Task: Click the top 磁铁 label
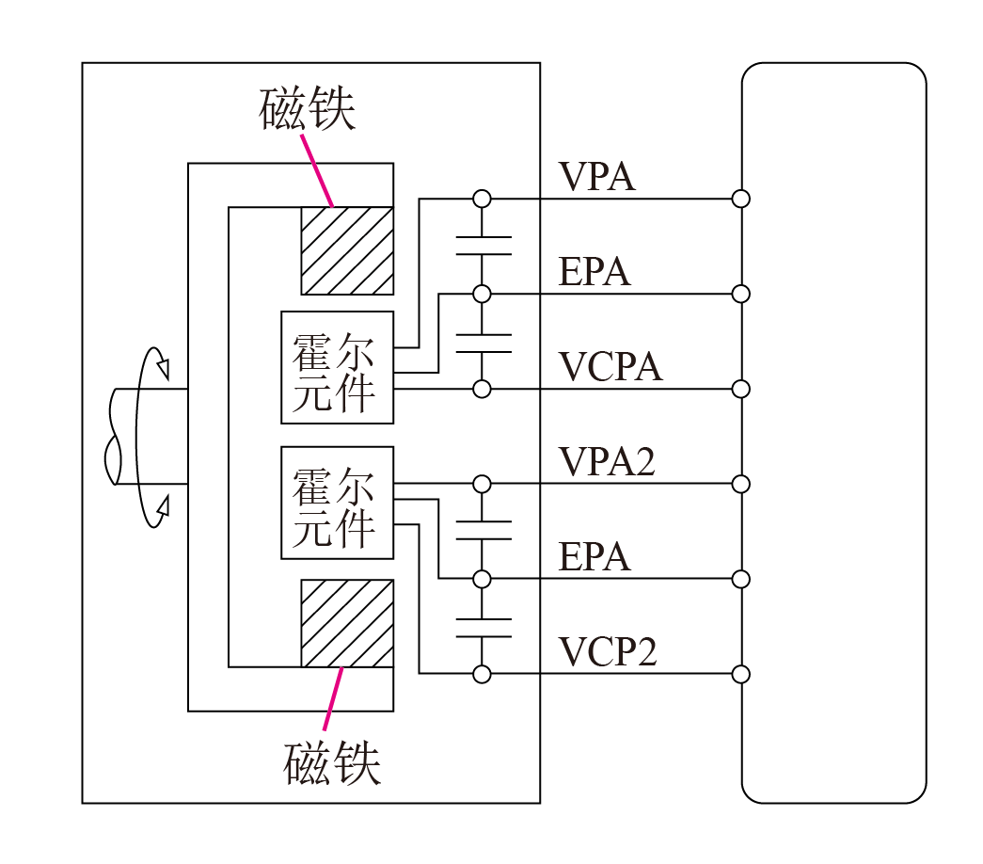[308, 108]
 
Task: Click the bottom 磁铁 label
[332, 763]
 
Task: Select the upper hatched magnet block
[347, 250]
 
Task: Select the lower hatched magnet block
[347, 623]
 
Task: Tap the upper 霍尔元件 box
[338, 367]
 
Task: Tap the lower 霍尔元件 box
[338, 503]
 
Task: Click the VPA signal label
[596, 176]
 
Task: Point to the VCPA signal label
[610, 366]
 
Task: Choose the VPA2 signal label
[607, 462]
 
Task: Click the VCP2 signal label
[608, 651]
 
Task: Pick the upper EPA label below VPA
[595, 272]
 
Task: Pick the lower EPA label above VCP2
[595, 556]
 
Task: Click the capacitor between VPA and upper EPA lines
[483, 246]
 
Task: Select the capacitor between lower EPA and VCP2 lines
[483, 628]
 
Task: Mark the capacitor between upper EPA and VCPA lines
[483, 343]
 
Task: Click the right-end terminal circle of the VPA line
[741, 199]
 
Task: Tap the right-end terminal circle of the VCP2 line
[741, 675]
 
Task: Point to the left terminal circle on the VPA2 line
[483, 484]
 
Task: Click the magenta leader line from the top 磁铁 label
[317, 170]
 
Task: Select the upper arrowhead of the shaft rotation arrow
[164, 368]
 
